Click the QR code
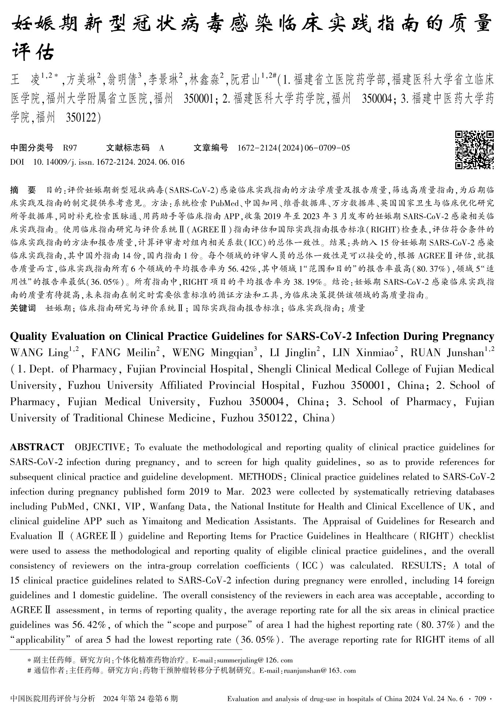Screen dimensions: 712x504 [474, 150]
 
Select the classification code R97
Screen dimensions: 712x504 [70, 148]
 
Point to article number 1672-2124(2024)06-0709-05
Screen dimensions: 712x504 [294, 148]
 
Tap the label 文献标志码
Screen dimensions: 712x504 [128, 148]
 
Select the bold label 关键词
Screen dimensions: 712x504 [23, 308]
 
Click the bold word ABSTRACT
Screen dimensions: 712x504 [37, 447]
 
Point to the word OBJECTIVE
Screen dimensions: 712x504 [99, 447]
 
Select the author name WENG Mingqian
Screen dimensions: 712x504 [213, 353]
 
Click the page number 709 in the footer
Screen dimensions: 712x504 [480, 698]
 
